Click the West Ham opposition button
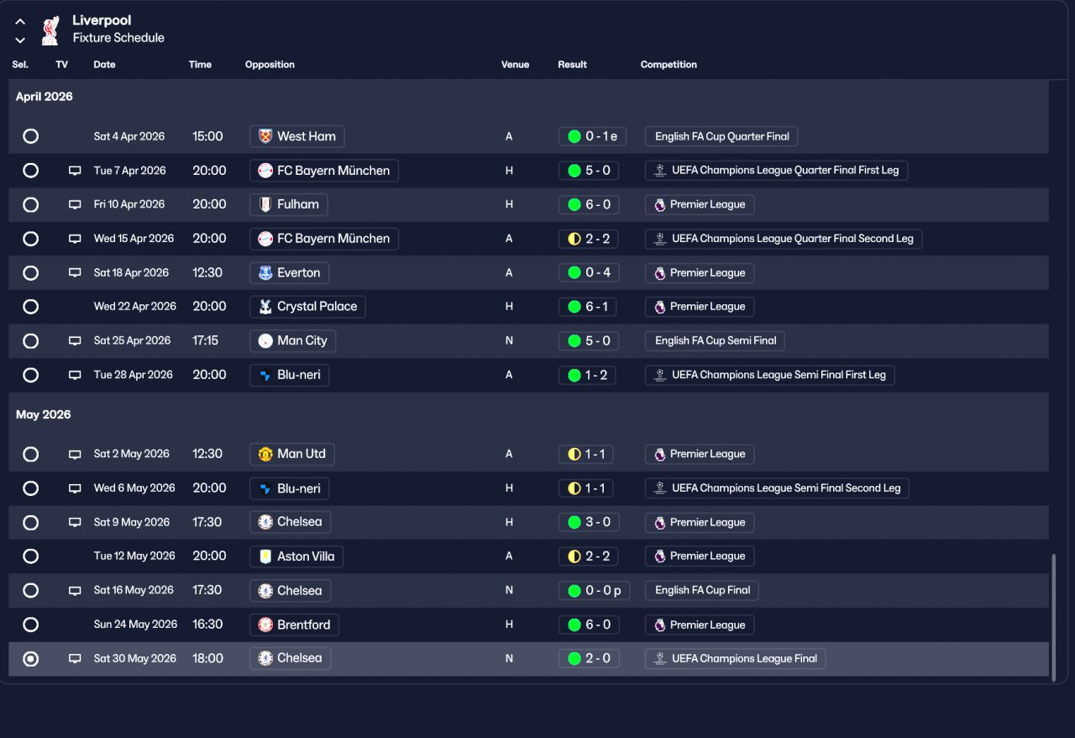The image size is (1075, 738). pyautogui.click(x=296, y=136)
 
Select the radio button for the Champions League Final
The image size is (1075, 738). pyautogui.click(x=31, y=659)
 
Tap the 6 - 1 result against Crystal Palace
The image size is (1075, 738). pyautogui.click(x=588, y=307)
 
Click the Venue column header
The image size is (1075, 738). pyautogui.click(x=515, y=65)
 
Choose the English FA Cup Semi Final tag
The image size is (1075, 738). pyautogui.click(x=715, y=340)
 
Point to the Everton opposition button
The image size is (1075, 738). pyautogui.click(x=289, y=272)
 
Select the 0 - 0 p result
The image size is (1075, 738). pyautogui.click(x=594, y=591)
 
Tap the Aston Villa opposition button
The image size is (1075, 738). pyautogui.click(x=296, y=556)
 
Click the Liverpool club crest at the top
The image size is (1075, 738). pyautogui.click(x=50, y=29)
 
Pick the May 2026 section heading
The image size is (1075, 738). pyautogui.click(x=44, y=414)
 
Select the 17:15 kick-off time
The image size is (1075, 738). pyautogui.click(x=205, y=340)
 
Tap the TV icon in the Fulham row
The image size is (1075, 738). pyautogui.click(x=75, y=204)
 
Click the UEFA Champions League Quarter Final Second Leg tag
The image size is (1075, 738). pyautogui.click(x=784, y=239)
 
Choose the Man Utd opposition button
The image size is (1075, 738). pyautogui.click(x=292, y=454)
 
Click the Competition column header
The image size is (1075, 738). pyautogui.click(x=669, y=65)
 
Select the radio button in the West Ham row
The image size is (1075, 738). pyautogui.click(x=31, y=136)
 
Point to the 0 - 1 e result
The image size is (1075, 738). pyautogui.click(x=592, y=136)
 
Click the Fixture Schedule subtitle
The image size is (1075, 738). pyautogui.click(x=118, y=38)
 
